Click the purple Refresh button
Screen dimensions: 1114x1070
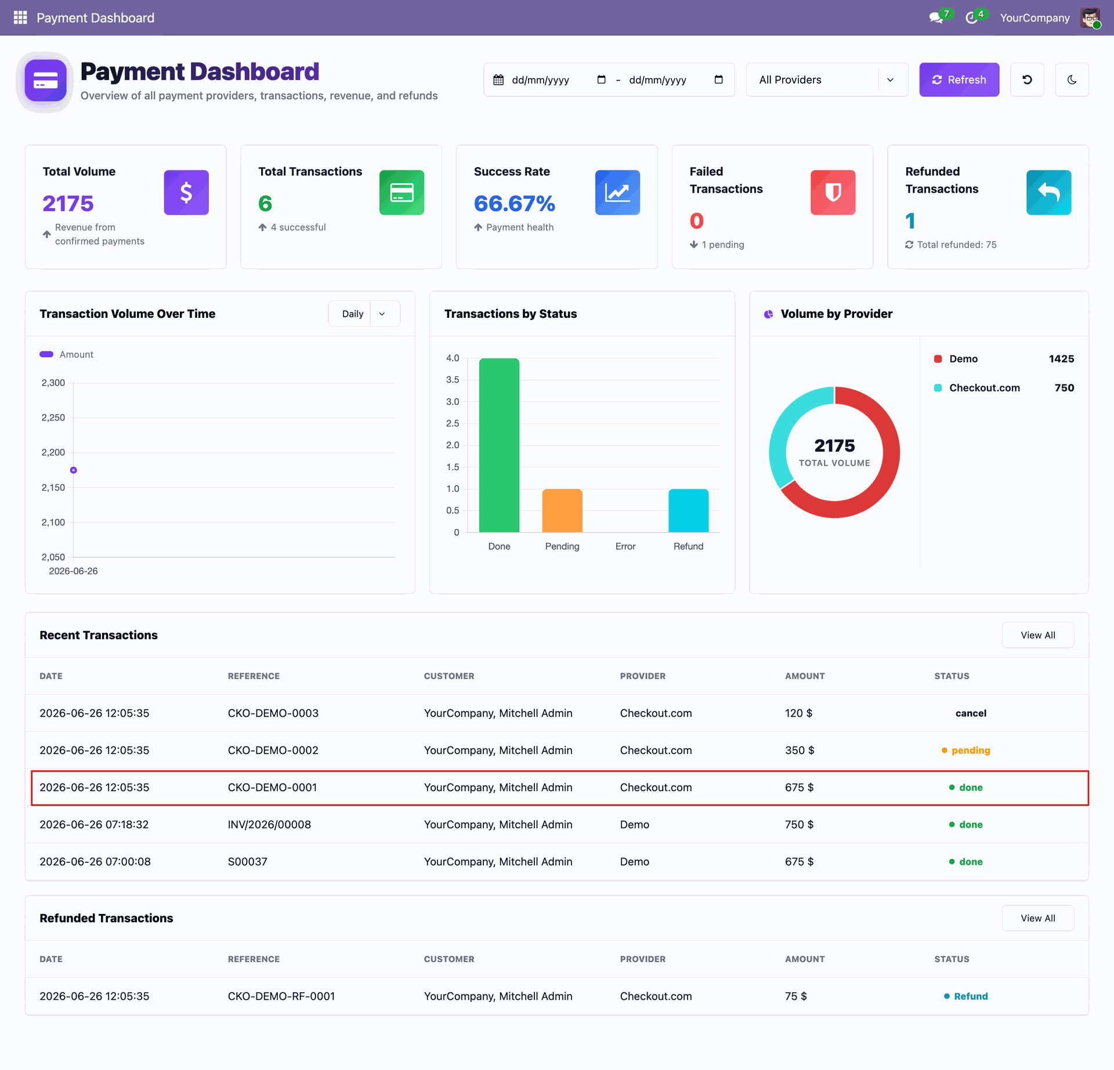959,79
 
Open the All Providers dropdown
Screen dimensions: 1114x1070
827,79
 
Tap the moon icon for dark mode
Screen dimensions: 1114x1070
1072,79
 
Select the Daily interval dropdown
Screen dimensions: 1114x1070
364,314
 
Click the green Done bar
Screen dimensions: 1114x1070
499,445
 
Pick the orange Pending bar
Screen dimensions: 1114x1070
562,510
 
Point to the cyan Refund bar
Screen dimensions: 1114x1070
689,510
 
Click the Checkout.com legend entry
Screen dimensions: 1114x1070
984,388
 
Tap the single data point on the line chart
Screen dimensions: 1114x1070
74,470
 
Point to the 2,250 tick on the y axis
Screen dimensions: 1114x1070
53,418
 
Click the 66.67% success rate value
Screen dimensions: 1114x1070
515,204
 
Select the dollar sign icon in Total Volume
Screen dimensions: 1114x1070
186,193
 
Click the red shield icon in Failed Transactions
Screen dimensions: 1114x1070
833,193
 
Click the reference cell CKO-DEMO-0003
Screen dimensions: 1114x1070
273,713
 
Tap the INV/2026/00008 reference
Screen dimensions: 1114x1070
269,825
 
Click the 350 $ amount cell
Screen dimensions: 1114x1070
800,750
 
